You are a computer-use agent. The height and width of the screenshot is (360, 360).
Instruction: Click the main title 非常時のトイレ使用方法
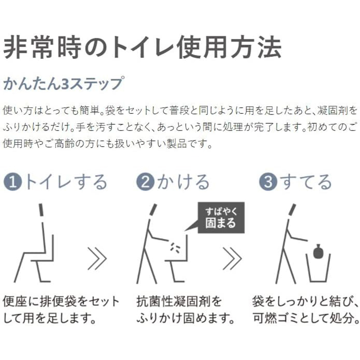(142, 48)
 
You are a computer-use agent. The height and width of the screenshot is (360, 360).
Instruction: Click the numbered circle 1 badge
(13, 182)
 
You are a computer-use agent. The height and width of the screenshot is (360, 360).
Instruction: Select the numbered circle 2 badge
(145, 182)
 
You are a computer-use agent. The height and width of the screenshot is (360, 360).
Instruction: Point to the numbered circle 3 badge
(268, 182)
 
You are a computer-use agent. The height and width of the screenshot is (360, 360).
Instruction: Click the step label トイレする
(66, 182)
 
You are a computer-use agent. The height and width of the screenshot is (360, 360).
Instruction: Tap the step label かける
(183, 182)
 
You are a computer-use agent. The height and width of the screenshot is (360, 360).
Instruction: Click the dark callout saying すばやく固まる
(221, 218)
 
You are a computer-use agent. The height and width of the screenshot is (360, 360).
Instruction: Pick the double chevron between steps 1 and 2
(97, 258)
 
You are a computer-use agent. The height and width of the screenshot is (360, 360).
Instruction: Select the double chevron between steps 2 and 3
(232, 258)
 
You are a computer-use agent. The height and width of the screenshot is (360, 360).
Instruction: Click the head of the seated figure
(41, 210)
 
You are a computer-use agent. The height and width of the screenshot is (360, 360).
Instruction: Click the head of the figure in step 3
(292, 210)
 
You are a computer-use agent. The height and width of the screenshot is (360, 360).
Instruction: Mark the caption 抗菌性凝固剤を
(179, 301)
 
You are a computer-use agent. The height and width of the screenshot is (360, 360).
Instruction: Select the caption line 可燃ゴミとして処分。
(306, 318)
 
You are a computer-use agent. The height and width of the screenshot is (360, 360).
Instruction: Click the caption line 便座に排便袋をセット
(61, 301)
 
